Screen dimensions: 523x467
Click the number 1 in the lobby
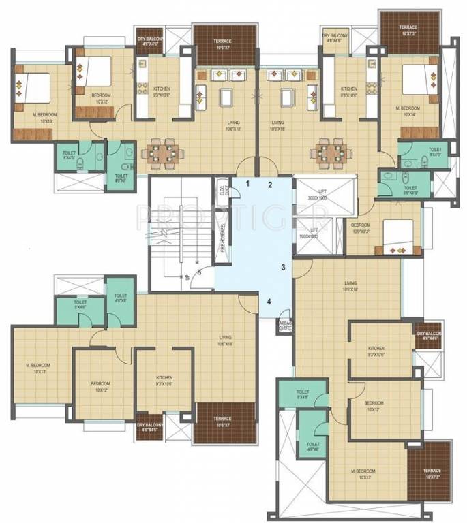tap(248, 184)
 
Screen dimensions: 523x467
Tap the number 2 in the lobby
tap(270, 185)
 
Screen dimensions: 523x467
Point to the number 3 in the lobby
tap(282, 268)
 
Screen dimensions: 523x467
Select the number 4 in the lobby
tap(269, 301)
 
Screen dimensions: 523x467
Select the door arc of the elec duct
tap(234, 191)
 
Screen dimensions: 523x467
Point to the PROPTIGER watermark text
tap(232, 217)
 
